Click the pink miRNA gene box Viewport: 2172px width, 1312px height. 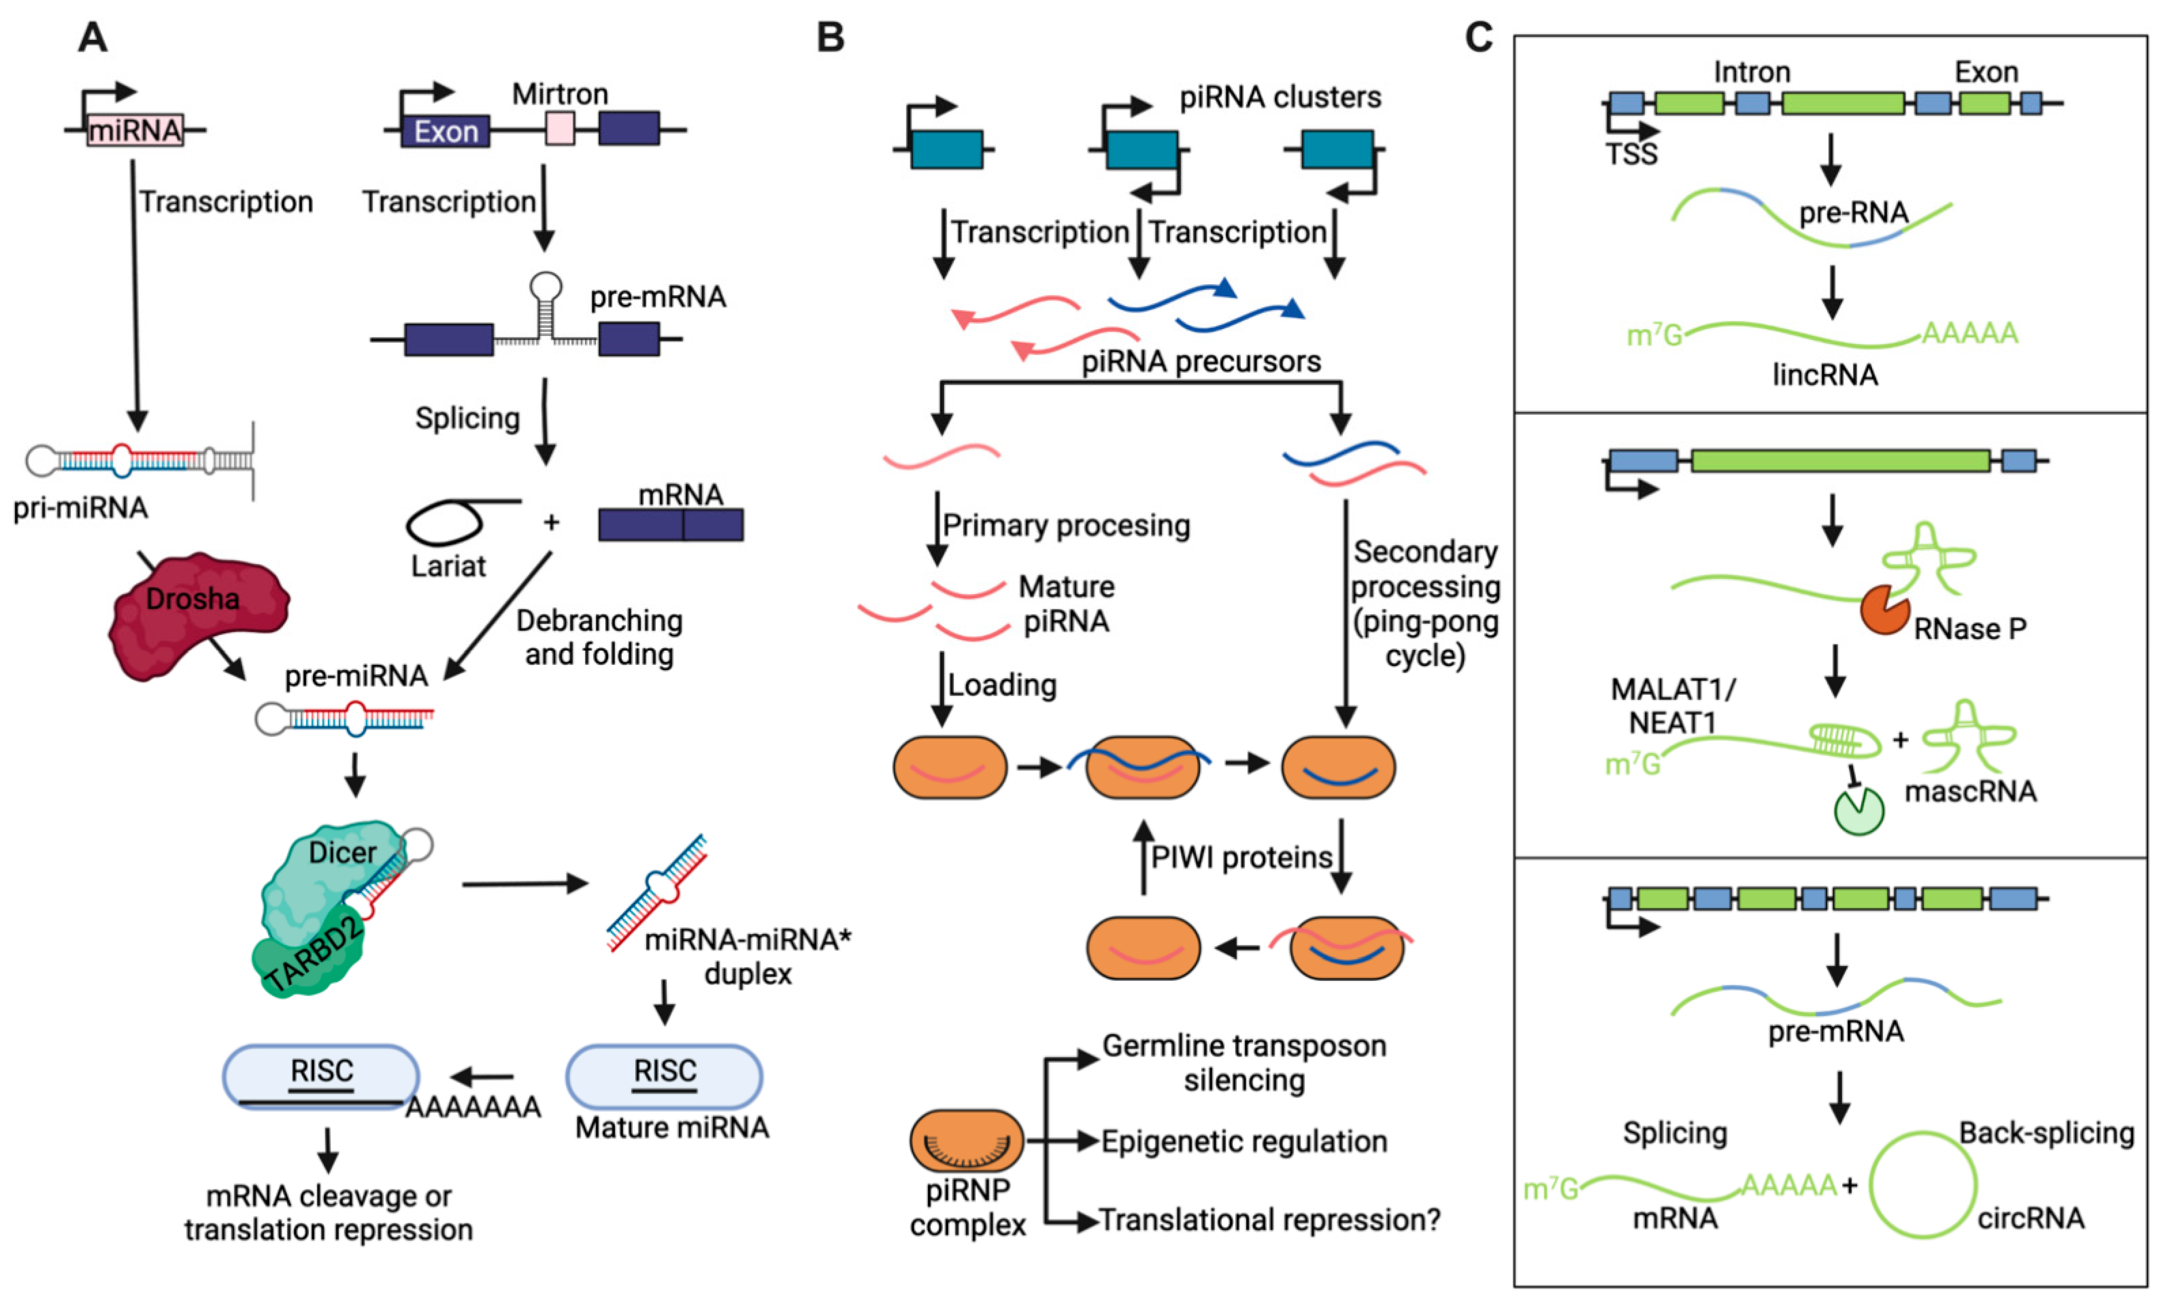[135, 130]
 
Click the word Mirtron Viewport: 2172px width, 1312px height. [560, 94]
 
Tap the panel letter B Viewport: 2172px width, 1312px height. [830, 38]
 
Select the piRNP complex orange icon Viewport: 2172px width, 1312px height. [967, 1141]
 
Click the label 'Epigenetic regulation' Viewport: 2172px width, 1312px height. [1244, 1142]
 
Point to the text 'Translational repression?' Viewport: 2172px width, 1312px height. [1269, 1220]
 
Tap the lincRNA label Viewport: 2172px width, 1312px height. [1825, 375]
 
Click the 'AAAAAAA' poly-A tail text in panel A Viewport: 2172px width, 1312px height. [473, 1107]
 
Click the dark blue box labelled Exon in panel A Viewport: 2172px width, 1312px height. [445, 131]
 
